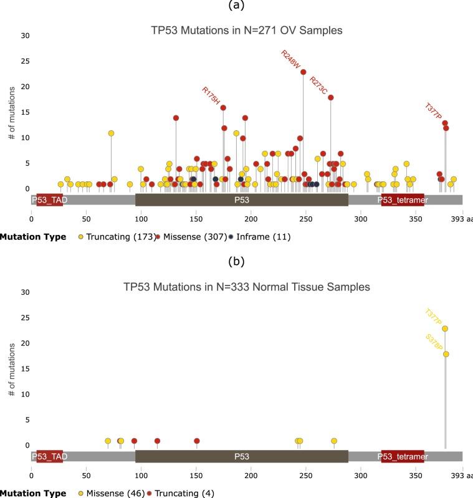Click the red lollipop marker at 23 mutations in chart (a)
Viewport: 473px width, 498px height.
(x=303, y=72)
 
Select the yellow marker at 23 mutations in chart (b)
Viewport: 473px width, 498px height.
(x=445, y=328)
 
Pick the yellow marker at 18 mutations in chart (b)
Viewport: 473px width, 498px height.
(x=446, y=354)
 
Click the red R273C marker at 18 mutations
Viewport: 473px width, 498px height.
(x=331, y=97)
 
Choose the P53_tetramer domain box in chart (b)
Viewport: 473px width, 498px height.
(x=403, y=457)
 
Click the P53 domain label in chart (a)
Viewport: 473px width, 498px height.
(x=242, y=200)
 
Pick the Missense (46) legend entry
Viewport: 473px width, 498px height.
(x=112, y=494)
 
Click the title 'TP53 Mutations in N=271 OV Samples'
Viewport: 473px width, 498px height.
(x=247, y=30)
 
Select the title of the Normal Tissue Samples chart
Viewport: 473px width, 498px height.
(x=247, y=287)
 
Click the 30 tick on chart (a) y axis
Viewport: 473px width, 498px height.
(x=25, y=36)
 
